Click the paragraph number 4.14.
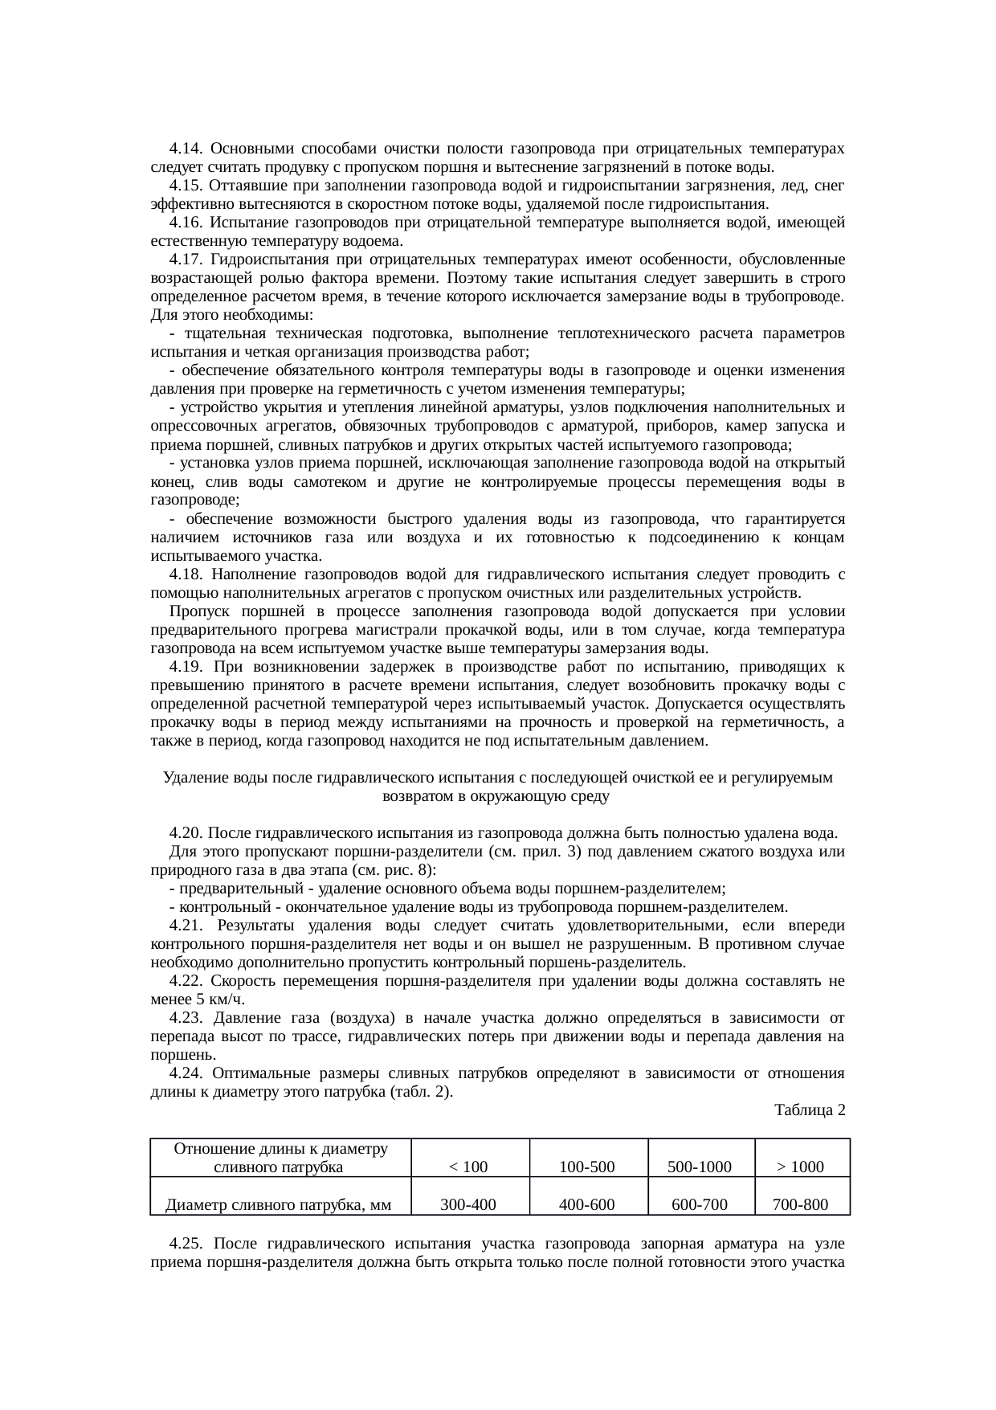click(186, 149)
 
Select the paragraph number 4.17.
click(186, 260)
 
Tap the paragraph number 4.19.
click(186, 667)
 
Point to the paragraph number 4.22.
click(186, 981)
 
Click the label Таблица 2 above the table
click(810, 1110)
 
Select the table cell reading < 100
click(468, 1167)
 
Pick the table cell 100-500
click(586, 1167)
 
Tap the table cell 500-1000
click(700, 1167)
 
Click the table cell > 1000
click(800, 1167)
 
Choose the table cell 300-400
click(468, 1204)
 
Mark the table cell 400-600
click(586, 1204)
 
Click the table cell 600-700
click(700, 1204)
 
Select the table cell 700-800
click(800, 1204)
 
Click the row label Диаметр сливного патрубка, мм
click(278, 1204)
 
